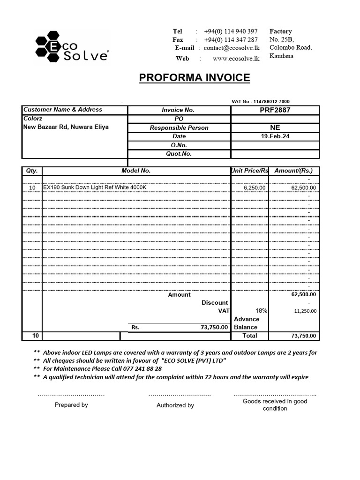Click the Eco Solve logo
pos(71,46)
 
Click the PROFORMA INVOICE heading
pos(194,78)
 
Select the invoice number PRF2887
pos(275,110)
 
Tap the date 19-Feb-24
pos(275,136)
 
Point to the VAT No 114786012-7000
pos(261,101)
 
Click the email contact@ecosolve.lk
pos(232,48)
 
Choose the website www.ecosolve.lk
pos(236,59)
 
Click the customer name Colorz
pos(33,119)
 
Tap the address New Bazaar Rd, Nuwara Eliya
pos(66,127)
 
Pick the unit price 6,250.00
pos(255,187)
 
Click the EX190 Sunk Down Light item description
pos(95,187)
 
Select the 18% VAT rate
pos(261,310)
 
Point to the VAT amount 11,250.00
pos(305,311)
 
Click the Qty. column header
pos(32,171)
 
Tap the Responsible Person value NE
pos(275,127)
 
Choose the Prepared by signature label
pos(71,405)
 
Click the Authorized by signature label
pos(175,405)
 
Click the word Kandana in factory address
pos(281,56)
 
